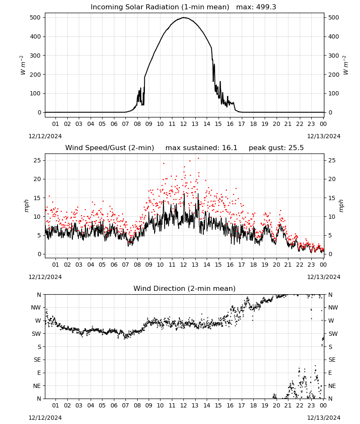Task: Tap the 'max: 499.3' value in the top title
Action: point(256,7)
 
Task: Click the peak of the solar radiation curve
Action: point(184,17)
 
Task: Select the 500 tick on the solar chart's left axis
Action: point(36,17)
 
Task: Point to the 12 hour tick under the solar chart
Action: point(183,124)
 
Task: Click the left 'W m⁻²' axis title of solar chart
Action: point(23,65)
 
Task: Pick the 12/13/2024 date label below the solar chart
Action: point(324,136)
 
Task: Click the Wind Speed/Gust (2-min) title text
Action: point(110,148)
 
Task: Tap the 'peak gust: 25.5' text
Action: point(276,148)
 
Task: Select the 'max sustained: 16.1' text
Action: point(201,148)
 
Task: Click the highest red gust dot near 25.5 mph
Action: point(199,159)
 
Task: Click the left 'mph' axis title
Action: point(27,206)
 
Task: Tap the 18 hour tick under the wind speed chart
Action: point(253,265)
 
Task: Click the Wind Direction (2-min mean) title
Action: point(185,288)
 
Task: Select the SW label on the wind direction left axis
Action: point(36,334)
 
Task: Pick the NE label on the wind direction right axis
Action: point(332,386)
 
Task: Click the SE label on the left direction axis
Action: point(37,360)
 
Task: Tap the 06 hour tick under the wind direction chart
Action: point(114,405)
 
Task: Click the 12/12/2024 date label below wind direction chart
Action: point(45,418)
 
